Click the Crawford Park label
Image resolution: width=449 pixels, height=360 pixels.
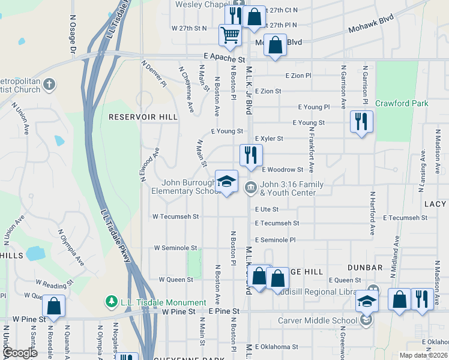point(402,103)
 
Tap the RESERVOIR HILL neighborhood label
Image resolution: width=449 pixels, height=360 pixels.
point(143,117)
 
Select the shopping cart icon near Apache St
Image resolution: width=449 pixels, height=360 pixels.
point(230,35)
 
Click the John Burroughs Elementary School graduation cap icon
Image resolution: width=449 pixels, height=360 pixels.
point(226,182)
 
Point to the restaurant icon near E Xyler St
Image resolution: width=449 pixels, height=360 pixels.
point(250,155)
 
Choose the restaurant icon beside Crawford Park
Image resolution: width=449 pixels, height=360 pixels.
point(361,122)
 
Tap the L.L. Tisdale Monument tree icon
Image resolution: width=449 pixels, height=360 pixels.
point(110,300)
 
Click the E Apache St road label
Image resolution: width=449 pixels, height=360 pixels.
point(224,60)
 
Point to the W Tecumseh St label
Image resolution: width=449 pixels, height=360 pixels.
point(175,216)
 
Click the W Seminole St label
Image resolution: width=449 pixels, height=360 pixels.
point(175,248)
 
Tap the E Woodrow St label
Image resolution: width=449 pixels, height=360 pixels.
point(282,170)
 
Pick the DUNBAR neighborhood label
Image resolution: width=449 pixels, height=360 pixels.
point(364,267)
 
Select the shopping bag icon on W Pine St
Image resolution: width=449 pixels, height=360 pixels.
point(53,305)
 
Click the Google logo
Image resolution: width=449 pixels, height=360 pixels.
point(19,353)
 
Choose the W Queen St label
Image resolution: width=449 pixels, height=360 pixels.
point(176,280)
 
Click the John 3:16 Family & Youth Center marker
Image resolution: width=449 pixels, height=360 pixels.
point(250,187)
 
